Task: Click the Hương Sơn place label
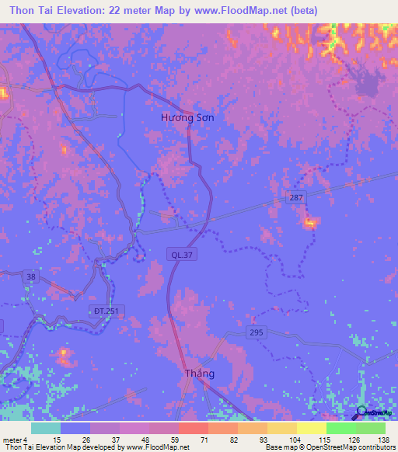tap(187, 117)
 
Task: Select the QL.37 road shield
tap(178, 253)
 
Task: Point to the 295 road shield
tap(257, 332)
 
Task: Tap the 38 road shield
tap(31, 276)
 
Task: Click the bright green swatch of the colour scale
tap(340, 428)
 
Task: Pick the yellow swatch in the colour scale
tap(311, 428)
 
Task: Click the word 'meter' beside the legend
tap(11, 440)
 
